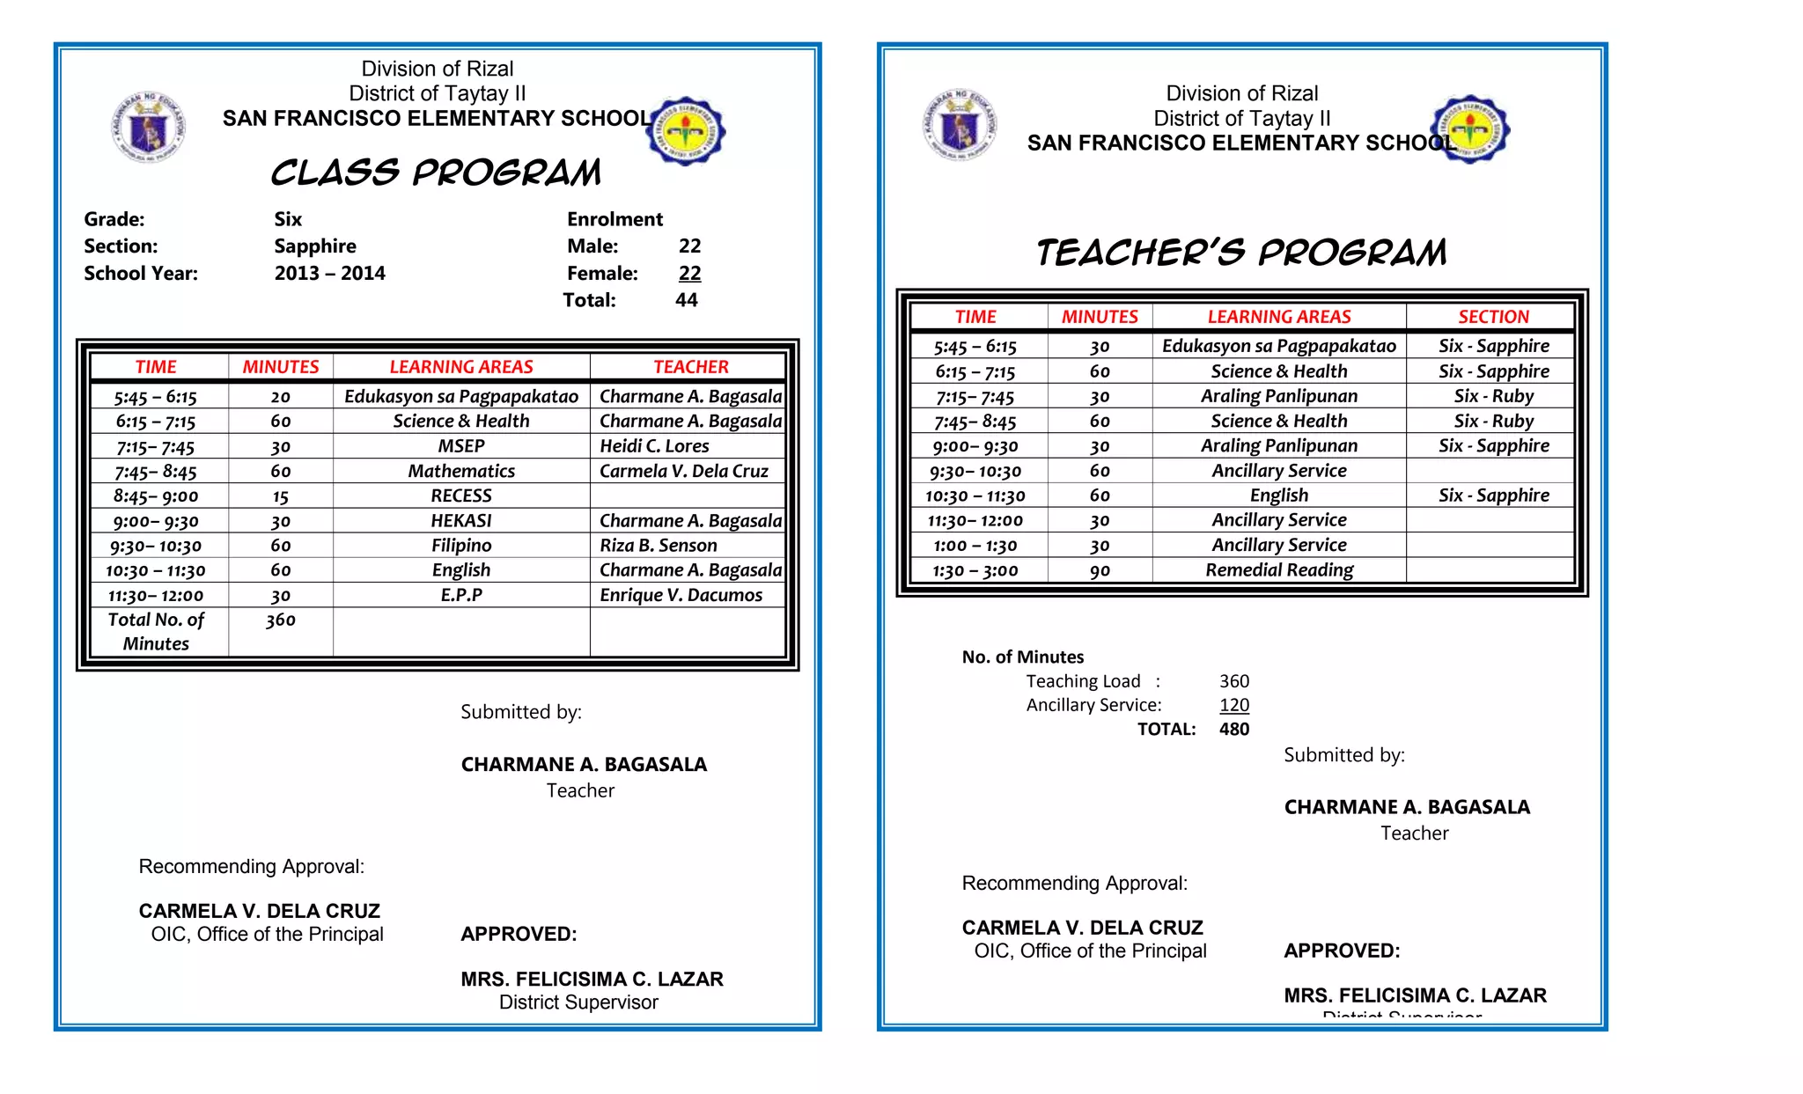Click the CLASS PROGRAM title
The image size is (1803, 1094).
436,173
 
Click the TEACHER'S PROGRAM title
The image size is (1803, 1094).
1241,253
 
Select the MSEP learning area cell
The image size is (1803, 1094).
461,446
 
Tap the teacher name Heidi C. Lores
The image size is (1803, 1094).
654,446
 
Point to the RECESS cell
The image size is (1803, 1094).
461,496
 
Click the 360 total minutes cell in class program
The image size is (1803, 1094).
281,620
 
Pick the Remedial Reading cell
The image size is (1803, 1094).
1279,570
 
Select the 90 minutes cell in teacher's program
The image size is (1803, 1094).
1100,570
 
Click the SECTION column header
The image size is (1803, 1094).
1493,317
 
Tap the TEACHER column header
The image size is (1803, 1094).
690,367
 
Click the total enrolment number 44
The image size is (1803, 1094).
687,300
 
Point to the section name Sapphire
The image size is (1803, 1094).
315,246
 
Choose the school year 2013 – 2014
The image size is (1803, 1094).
329,274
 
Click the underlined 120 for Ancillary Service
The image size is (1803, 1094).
1234,705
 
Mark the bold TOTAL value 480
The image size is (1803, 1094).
1234,729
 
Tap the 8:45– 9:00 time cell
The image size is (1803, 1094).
156,496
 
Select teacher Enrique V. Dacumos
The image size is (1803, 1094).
681,595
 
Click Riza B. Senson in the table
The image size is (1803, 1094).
658,546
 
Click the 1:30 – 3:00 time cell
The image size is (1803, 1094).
975,570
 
